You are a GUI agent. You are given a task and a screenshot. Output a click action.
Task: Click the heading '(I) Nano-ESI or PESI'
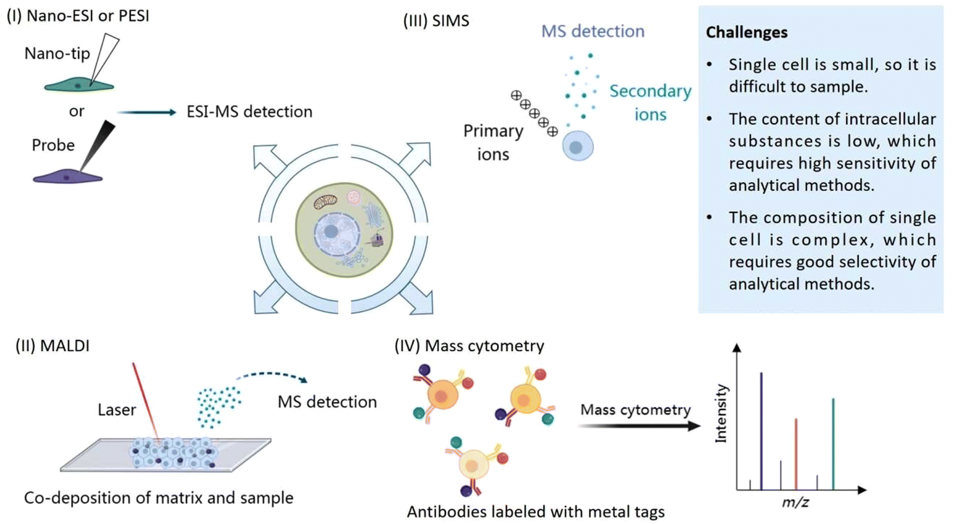point(78,16)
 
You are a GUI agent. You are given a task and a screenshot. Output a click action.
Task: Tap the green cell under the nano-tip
point(79,85)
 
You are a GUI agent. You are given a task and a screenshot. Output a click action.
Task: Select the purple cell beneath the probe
point(68,177)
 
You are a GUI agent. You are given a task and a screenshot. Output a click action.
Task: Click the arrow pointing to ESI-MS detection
point(146,112)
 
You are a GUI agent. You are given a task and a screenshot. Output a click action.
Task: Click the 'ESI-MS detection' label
point(249,111)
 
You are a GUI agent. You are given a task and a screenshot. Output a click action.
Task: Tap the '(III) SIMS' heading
point(436,20)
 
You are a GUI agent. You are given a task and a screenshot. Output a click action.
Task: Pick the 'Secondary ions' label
point(650,102)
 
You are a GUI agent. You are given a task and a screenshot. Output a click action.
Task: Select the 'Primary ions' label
point(493,142)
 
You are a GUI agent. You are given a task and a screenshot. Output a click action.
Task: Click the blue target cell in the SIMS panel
point(578,146)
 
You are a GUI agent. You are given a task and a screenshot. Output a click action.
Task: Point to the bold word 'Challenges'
point(746,32)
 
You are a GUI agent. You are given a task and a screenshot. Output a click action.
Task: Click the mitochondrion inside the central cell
point(325,201)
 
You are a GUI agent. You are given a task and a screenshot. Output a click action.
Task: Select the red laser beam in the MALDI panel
point(145,401)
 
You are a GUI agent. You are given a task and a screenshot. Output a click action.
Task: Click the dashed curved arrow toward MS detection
point(272,376)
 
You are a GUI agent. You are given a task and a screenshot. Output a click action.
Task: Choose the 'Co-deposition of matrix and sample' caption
point(158,498)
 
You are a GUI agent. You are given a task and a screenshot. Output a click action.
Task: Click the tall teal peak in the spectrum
point(833,444)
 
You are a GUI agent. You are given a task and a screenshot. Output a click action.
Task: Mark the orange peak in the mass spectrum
point(796,454)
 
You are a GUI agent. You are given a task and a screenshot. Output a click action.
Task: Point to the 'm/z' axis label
point(795,502)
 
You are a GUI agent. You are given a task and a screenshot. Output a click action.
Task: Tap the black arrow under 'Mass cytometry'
point(639,426)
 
